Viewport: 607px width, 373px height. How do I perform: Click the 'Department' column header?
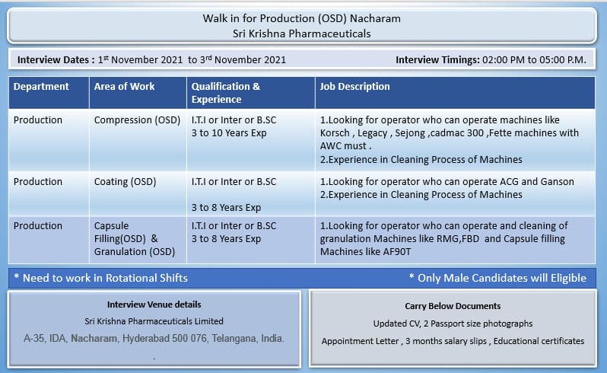pos(41,86)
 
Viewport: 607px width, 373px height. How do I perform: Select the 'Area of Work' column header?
pos(124,86)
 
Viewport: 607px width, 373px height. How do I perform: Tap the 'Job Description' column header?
pos(354,86)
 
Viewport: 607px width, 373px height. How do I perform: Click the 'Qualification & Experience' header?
pos(226,93)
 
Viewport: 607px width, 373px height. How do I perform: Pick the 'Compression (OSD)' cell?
pos(137,120)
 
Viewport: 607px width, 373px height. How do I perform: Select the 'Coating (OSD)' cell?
pos(125,182)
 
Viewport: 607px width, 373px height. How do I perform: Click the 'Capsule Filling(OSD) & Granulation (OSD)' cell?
pos(135,238)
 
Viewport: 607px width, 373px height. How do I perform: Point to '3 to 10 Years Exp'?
pos(229,133)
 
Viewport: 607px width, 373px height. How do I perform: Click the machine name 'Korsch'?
pos(335,133)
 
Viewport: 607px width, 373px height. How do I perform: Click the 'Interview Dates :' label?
pos(56,60)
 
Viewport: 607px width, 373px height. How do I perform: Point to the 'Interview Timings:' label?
pos(437,60)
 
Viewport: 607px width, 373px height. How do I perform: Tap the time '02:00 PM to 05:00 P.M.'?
pos(534,60)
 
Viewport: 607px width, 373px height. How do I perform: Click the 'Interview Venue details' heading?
pos(154,304)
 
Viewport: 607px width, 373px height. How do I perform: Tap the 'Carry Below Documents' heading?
pos(453,306)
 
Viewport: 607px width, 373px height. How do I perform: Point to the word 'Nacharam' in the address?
pos(94,339)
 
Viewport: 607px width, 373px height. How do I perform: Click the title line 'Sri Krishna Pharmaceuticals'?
pos(301,33)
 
